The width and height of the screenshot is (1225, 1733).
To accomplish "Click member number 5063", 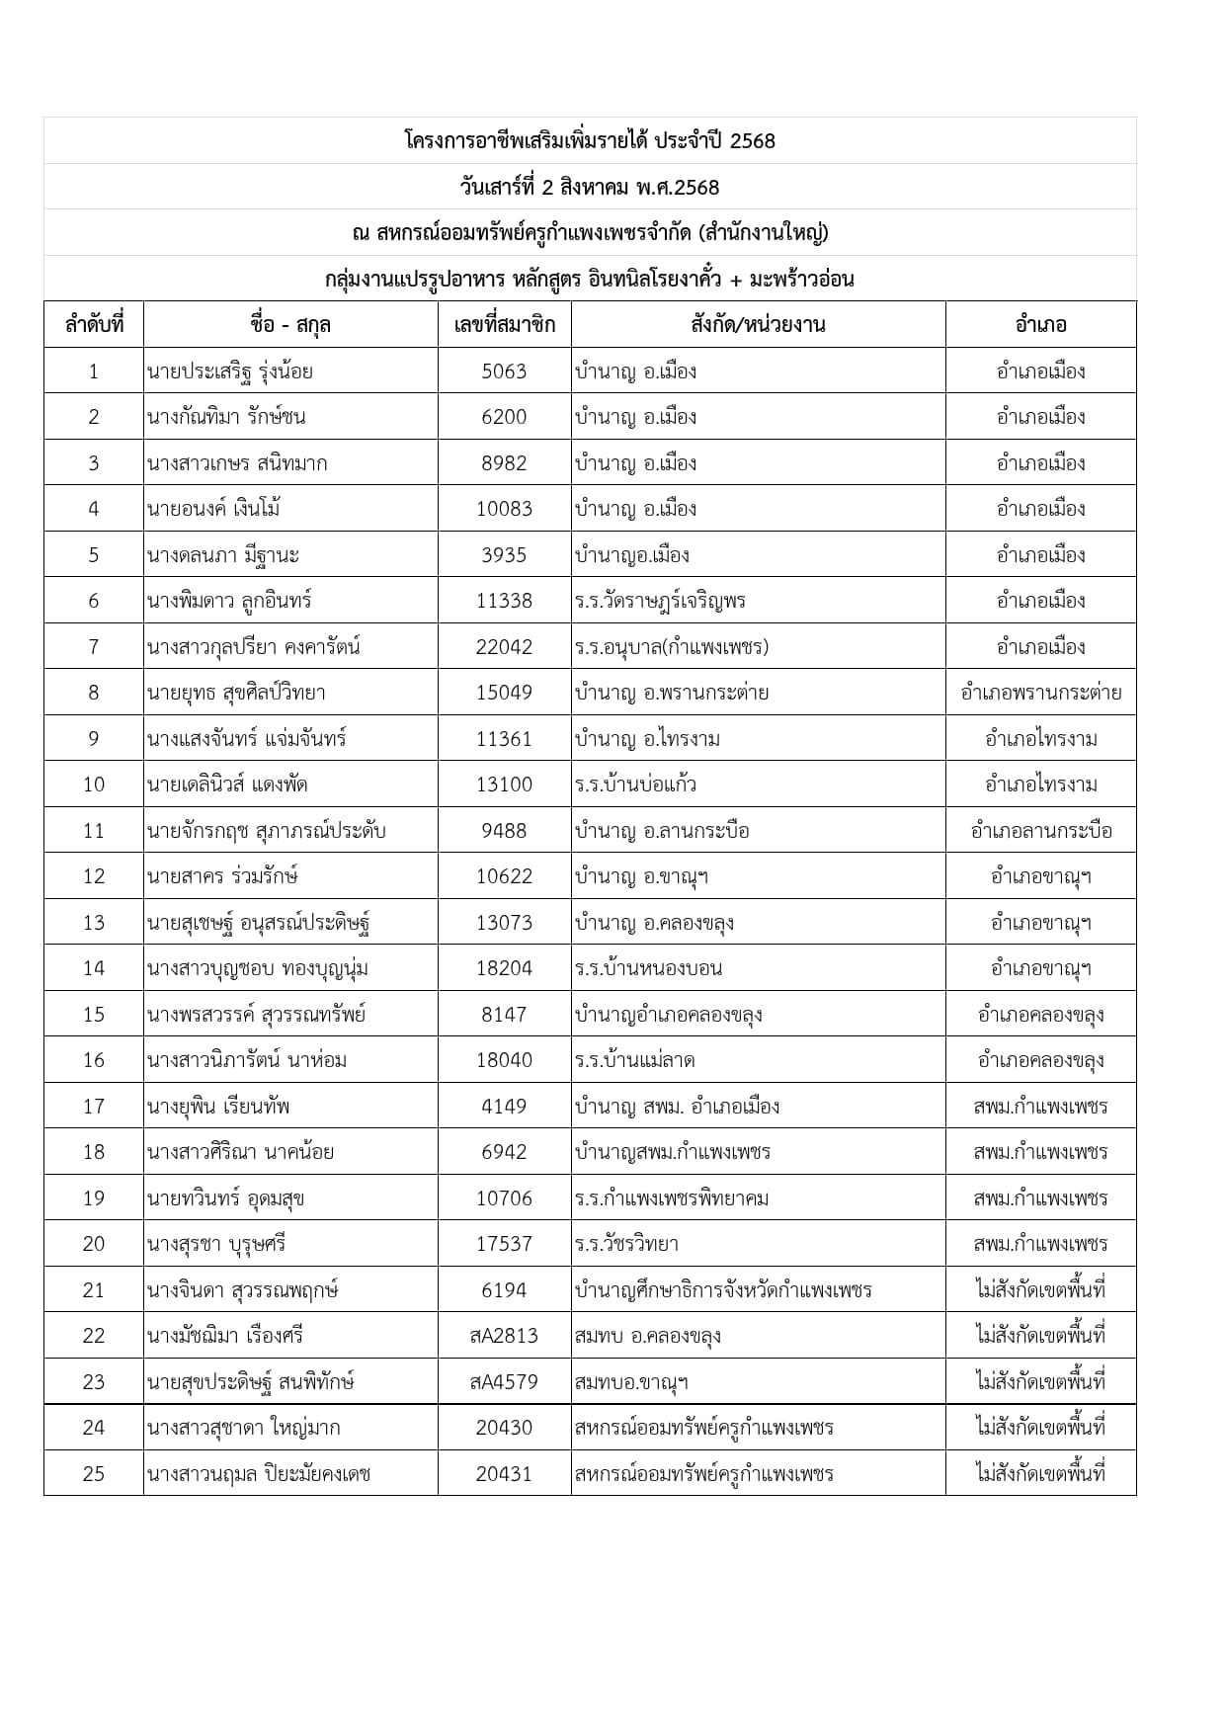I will coord(504,371).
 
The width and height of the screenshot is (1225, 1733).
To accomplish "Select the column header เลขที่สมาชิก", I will coord(504,325).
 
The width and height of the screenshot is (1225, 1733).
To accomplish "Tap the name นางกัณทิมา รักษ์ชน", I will coord(226,417).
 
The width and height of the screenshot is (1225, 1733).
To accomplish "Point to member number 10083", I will coord(504,509).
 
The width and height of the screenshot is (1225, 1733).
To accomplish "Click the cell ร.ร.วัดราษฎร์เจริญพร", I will coord(660,601).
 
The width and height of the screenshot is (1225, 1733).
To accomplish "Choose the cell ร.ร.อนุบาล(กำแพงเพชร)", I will coord(672,647).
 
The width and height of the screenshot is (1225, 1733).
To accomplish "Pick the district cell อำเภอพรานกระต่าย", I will coord(1040,693).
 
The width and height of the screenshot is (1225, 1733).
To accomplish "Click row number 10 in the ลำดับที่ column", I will coord(94,784).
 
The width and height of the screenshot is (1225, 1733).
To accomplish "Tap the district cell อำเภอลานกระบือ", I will coord(1040,831).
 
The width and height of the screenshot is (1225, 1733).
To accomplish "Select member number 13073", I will coord(504,923).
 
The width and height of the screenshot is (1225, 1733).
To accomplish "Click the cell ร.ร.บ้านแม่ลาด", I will coord(635,1060).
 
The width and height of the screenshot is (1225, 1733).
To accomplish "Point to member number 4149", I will coord(504,1107).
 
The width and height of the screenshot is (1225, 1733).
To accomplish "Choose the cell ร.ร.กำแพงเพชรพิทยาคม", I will coord(672,1198).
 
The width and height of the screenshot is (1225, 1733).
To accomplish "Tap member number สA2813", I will coord(504,1336).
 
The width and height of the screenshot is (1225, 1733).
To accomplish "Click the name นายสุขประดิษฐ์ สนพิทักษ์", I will coord(251,1381).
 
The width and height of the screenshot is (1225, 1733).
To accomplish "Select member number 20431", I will coord(504,1473).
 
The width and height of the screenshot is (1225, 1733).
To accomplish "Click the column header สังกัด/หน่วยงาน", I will coord(758,325).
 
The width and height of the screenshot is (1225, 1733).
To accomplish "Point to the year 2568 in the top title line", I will coord(753,141).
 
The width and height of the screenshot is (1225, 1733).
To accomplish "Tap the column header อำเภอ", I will coord(1040,325).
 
